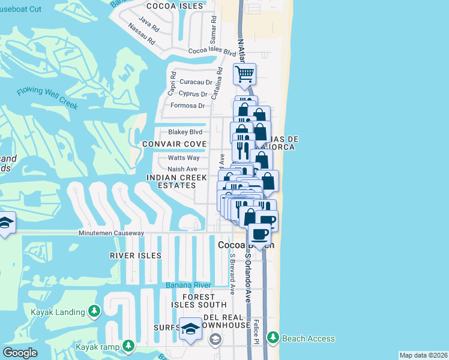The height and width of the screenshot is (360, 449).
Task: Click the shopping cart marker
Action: (x=245, y=75)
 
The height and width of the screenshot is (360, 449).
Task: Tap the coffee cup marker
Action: (x=259, y=233)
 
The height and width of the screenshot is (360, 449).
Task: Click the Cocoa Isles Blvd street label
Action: (x=212, y=52)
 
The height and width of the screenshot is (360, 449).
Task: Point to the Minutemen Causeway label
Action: (x=112, y=233)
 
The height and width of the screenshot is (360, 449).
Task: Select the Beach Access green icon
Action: (x=274, y=338)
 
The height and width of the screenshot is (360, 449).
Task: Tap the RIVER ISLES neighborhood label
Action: (x=136, y=256)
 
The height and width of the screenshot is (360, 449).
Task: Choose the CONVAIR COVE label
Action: (x=174, y=145)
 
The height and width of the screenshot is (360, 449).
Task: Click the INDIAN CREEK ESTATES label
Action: (x=177, y=182)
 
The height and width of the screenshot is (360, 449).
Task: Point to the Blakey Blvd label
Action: (x=185, y=132)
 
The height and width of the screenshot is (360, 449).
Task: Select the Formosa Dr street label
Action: (x=188, y=106)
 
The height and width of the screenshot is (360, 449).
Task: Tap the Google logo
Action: (x=20, y=353)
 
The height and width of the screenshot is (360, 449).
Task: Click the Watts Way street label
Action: (x=183, y=158)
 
